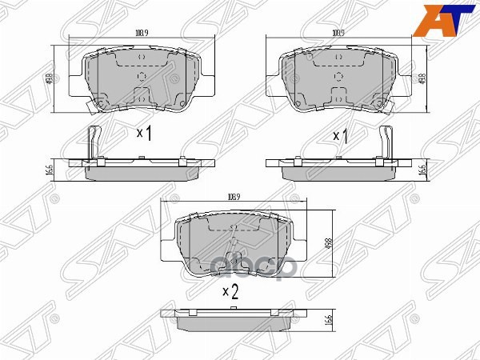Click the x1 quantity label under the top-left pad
(x=144, y=133)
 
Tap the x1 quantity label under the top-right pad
(x=341, y=136)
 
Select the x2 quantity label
(x=230, y=292)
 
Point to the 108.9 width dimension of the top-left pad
(x=142, y=34)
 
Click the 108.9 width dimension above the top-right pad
(x=338, y=34)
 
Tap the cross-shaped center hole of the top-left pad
(x=141, y=78)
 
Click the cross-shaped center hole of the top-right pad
(x=338, y=78)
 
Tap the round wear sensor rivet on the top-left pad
(x=101, y=102)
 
